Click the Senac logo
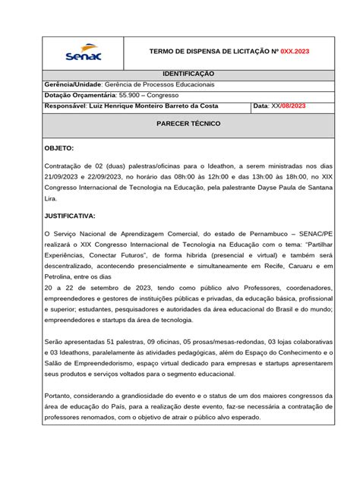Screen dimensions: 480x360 coord(84,51)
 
